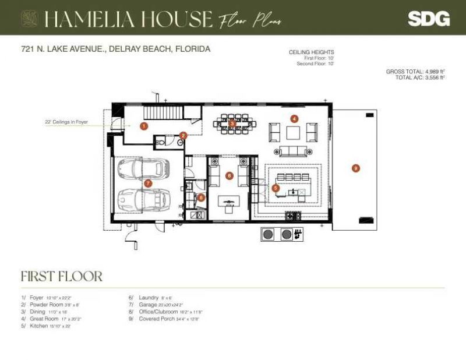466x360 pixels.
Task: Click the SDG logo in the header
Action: pos(429,19)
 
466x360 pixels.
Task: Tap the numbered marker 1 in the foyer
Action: pos(144,125)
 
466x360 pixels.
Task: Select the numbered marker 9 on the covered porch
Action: pos(356,168)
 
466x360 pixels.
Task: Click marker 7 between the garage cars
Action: pos(148,183)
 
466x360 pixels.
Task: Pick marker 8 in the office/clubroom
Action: pos(230,175)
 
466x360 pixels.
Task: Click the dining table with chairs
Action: pos(232,123)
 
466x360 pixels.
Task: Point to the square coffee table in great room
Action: pos(293,132)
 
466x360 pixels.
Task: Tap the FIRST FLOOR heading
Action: pos(62,276)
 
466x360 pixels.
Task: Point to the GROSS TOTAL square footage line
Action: pos(415,71)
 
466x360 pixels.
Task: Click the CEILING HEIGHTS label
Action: pos(311,52)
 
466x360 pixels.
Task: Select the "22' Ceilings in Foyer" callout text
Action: pos(66,122)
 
